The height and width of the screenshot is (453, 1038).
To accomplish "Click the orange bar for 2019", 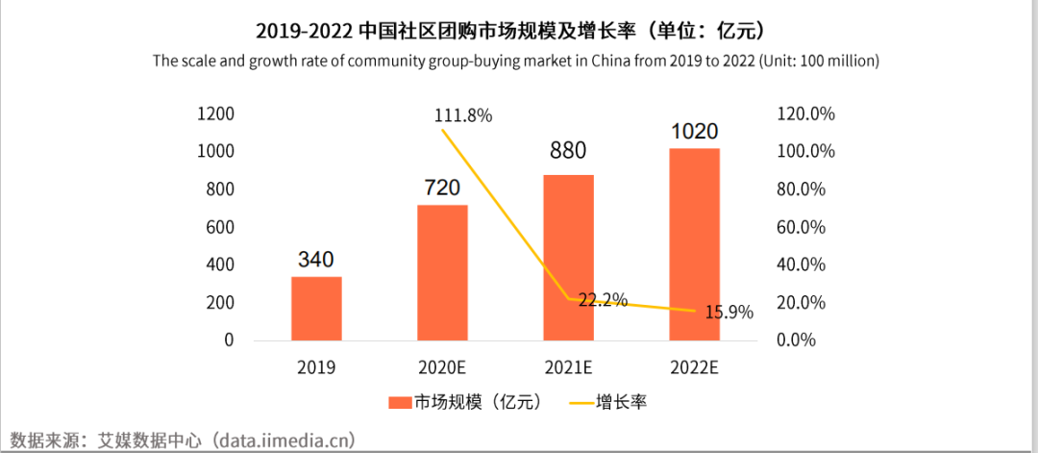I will pyautogui.click(x=316, y=308).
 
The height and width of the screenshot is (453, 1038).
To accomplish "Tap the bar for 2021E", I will pyautogui.click(x=568, y=257).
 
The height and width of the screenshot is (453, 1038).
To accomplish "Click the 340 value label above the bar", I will pyautogui.click(x=316, y=260).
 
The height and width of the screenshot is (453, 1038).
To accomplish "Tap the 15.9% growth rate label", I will pyautogui.click(x=727, y=313).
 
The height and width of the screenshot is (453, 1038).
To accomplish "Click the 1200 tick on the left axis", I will pyautogui.click(x=214, y=114).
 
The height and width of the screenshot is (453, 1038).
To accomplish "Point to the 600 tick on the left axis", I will pyautogui.click(x=219, y=227).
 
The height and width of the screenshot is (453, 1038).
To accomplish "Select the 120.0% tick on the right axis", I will pyautogui.click(x=804, y=114).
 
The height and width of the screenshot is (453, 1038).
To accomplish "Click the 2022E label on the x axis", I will pyautogui.click(x=694, y=366).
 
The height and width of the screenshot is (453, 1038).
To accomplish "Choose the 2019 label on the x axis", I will pyautogui.click(x=316, y=366).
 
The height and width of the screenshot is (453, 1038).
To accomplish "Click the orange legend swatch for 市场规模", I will pyautogui.click(x=400, y=401).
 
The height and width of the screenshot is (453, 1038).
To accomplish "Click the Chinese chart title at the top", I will pyautogui.click(x=518, y=31).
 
